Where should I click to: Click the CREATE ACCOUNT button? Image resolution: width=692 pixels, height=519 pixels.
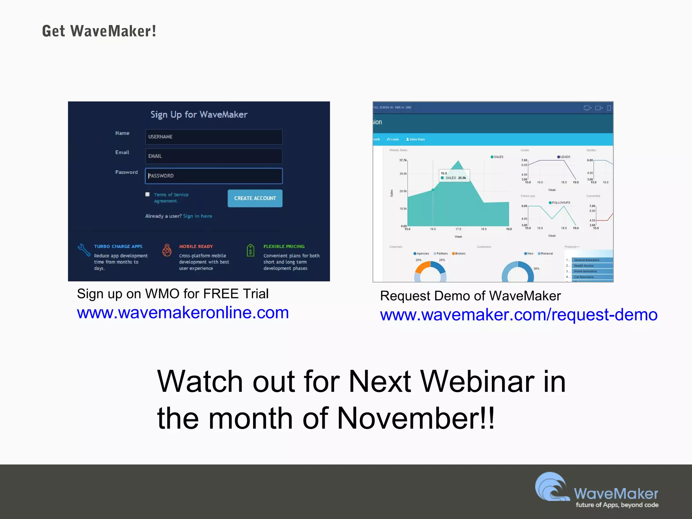pyautogui.click(x=255, y=198)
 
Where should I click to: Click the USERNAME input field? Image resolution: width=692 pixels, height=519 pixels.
pyautogui.click(x=214, y=137)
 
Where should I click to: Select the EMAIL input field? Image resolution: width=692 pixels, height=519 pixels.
pyautogui.click(x=214, y=156)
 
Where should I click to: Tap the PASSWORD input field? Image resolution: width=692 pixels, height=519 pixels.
pyautogui.click(x=214, y=176)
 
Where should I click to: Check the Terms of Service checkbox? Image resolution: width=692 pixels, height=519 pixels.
pyautogui.click(x=147, y=194)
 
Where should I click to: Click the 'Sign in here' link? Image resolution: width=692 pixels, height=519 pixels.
pyautogui.click(x=197, y=216)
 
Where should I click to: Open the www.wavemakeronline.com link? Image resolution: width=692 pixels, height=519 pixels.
pyautogui.click(x=183, y=313)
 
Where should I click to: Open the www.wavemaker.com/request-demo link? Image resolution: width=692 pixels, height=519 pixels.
pyautogui.click(x=518, y=315)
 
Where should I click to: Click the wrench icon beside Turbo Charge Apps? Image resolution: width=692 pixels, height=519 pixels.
pyautogui.click(x=83, y=250)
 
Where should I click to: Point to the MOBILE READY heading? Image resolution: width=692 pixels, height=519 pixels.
pyautogui.click(x=196, y=246)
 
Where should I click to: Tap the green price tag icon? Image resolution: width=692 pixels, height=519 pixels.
pyautogui.click(x=250, y=250)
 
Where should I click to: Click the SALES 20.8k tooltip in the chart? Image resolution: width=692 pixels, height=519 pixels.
pyautogui.click(x=454, y=176)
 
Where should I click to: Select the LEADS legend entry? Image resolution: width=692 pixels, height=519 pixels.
pyautogui.click(x=564, y=157)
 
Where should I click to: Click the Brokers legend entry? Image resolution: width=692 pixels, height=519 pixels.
pyautogui.click(x=459, y=253)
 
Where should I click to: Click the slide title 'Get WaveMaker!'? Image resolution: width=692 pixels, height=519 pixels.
pyautogui.click(x=99, y=31)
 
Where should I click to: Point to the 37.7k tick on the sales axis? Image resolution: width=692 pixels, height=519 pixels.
pyautogui.click(x=403, y=160)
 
